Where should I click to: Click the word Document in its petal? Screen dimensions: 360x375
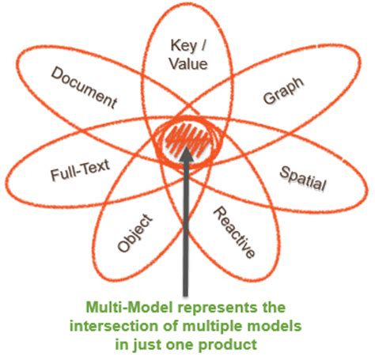(x=84, y=87)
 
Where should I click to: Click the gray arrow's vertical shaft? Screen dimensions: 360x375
(x=187, y=229)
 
